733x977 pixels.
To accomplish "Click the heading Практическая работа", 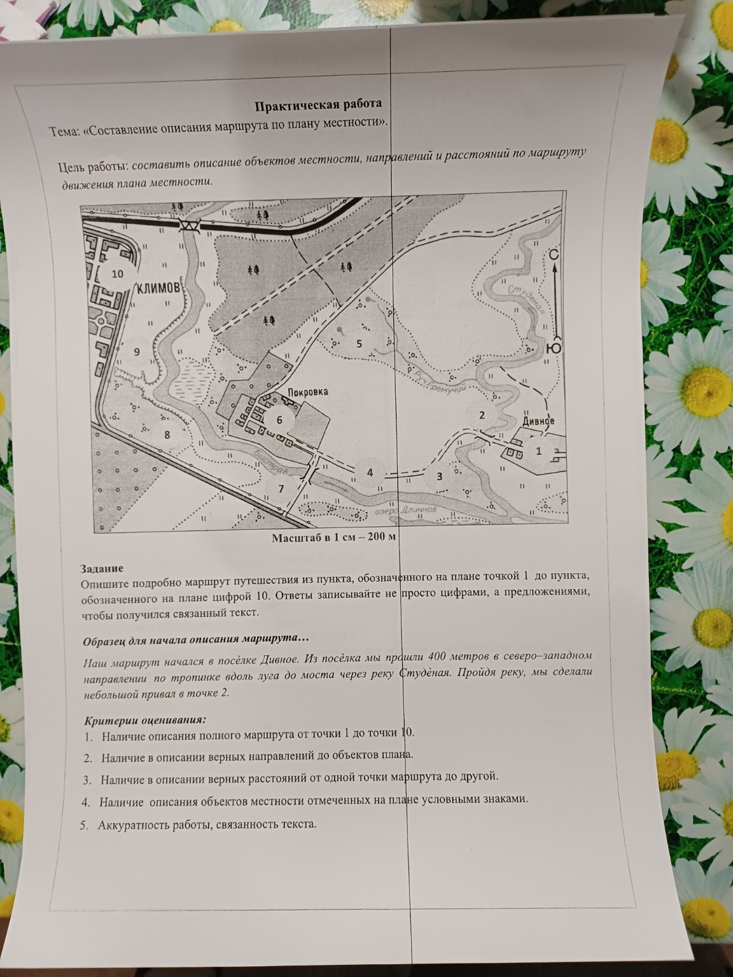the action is pyautogui.click(x=318, y=105).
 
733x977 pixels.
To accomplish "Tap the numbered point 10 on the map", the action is pyautogui.click(x=117, y=274).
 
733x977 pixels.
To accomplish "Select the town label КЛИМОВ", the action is pyautogui.click(x=158, y=288).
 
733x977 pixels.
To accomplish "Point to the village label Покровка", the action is pyautogui.click(x=308, y=392).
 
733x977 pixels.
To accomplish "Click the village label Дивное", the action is pyautogui.click(x=538, y=420).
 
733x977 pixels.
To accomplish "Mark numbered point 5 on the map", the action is pyautogui.click(x=359, y=343).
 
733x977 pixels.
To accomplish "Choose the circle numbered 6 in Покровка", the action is pyautogui.click(x=279, y=420).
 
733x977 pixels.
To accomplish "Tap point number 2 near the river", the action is pyautogui.click(x=482, y=415).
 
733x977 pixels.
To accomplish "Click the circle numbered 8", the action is pyautogui.click(x=167, y=434).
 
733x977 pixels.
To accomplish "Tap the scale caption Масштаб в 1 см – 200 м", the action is pyautogui.click(x=334, y=537).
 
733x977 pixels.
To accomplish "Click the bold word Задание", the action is pyautogui.click(x=102, y=569).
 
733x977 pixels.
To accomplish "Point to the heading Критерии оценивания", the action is pyautogui.click(x=145, y=720).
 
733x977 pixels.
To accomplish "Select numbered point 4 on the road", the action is pyautogui.click(x=370, y=473).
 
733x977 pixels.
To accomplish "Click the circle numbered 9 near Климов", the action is pyautogui.click(x=137, y=352).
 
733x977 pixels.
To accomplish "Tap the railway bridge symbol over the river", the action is pyautogui.click(x=189, y=225).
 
